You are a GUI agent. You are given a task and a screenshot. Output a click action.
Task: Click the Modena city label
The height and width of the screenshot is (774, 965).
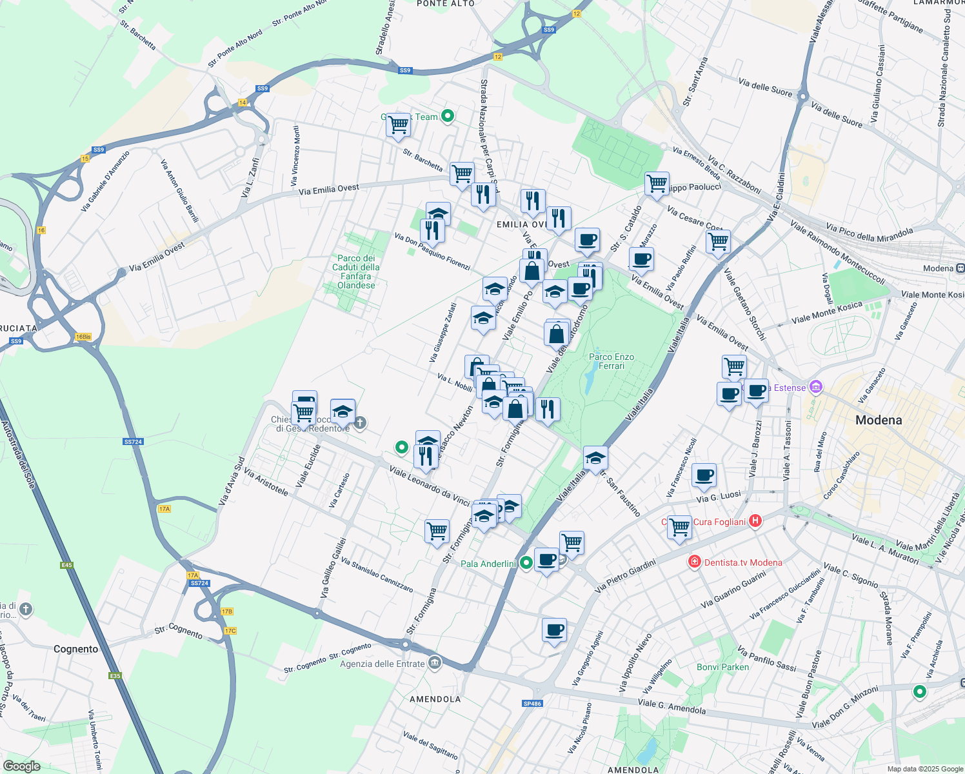(x=878, y=420)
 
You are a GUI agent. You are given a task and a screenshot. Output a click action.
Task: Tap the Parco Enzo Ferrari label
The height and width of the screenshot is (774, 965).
(x=611, y=361)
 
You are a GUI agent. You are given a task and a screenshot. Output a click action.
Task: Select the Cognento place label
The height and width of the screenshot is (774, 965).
(x=76, y=649)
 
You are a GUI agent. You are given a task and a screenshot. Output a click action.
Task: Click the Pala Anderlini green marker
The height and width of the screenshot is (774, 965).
(x=526, y=563)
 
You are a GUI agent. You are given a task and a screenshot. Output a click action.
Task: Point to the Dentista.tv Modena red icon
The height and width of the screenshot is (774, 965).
(x=694, y=562)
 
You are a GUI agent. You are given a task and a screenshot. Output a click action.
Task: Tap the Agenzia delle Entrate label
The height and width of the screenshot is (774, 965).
(x=383, y=664)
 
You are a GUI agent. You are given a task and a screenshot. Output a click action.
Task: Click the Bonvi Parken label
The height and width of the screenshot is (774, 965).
(x=722, y=667)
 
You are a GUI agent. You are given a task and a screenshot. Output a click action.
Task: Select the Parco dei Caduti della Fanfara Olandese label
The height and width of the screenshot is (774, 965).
(x=356, y=272)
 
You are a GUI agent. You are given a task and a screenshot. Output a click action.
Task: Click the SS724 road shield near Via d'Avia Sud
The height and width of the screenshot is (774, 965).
(x=132, y=442)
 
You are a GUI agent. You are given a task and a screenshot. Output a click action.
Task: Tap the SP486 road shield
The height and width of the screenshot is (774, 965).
(x=532, y=704)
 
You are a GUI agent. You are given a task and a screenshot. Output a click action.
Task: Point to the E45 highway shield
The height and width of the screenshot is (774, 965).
(x=67, y=565)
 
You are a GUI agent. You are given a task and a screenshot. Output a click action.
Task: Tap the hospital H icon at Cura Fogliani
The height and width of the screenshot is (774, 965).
(x=756, y=521)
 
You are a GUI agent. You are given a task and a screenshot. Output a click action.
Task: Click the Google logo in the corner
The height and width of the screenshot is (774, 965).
(x=21, y=766)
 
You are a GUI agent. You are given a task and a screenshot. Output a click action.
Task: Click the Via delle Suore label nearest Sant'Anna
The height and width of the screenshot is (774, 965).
(x=765, y=88)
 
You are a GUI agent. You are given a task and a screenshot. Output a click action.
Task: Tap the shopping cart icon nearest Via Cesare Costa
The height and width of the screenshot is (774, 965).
(x=718, y=242)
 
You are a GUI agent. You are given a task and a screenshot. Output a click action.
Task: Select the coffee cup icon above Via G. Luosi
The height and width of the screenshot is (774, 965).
(x=704, y=476)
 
